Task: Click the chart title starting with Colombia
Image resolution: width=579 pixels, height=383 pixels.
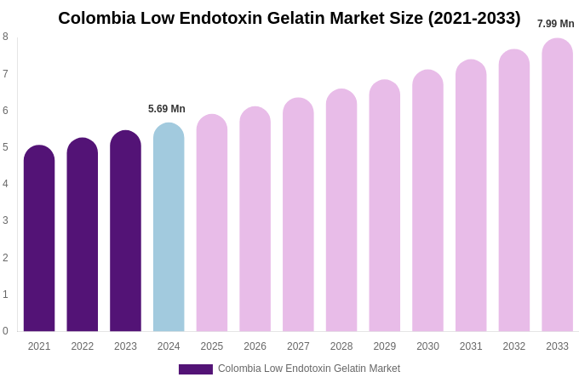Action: [289, 18]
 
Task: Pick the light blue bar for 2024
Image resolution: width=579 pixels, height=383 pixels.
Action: [169, 227]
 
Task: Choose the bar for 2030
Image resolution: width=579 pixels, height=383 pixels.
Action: [427, 201]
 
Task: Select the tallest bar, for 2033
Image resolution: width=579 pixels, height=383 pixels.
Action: [557, 185]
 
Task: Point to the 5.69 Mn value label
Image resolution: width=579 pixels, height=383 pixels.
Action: [167, 109]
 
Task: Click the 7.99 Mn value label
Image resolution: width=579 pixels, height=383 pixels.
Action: [555, 24]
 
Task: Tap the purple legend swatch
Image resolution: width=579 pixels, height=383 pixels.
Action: [195, 369]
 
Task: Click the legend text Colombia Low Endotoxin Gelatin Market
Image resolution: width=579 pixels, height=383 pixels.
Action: [309, 369]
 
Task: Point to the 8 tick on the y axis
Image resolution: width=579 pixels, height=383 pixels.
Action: [5, 37]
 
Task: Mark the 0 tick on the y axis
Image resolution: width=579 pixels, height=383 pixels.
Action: [5, 331]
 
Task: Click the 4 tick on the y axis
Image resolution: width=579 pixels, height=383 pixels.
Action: [5, 184]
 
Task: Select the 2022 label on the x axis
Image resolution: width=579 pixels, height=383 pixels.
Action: [83, 346]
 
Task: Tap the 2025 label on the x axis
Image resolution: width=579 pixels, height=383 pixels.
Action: [212, 346]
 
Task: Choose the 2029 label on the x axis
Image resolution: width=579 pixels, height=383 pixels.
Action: [385, 346]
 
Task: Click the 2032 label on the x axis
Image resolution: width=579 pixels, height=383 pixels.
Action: [514, 346]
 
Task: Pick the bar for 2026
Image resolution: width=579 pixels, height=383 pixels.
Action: [255, 219]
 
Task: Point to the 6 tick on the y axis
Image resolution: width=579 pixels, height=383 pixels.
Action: [5, 111]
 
